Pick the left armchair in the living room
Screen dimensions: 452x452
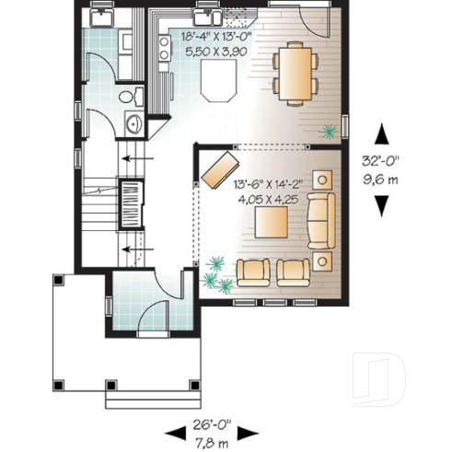click(x=253, y=270)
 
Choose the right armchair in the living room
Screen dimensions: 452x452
click(x=294, y=270)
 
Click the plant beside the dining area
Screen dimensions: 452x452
click(x=327, y=132)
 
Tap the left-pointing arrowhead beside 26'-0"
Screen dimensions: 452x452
click(x=170, y=433)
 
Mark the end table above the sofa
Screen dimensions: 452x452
click(x=322, y=178)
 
